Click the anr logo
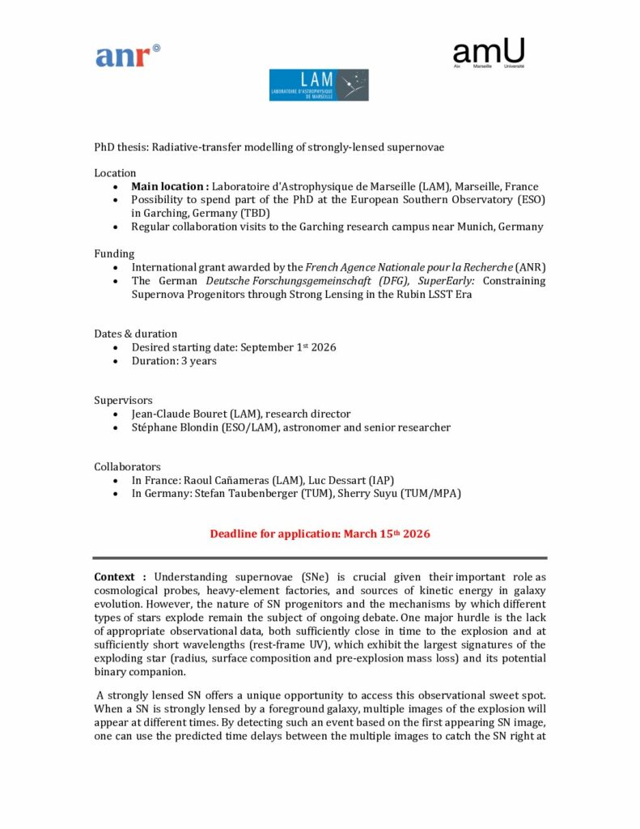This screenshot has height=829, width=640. pos(128,56)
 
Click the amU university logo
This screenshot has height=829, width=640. pos(489,53)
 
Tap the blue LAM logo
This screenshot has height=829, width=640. pos(319,85)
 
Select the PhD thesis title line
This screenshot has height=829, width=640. pos(269,147)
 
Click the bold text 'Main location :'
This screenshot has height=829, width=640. pos(170,186)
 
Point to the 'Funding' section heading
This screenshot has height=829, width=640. pos(114,253)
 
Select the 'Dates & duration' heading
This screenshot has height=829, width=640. pos(135,334)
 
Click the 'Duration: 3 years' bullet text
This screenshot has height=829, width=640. pos(174,361)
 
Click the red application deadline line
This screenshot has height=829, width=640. pos(320,534)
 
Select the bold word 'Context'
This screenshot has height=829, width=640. pos(114,577)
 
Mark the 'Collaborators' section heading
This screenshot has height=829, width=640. pos(127,467)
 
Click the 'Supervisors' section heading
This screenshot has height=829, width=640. pos(123,401)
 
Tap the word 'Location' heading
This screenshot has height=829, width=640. pos(115,173)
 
